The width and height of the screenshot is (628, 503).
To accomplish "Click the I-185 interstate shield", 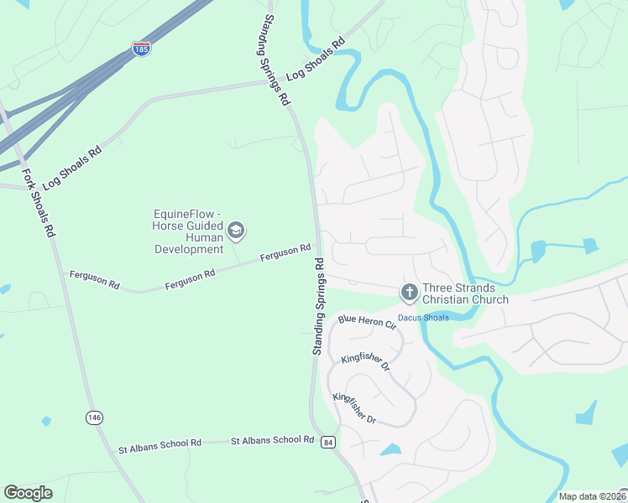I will (x=141, y=49).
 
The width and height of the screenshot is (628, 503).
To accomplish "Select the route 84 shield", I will (x=327, y=442).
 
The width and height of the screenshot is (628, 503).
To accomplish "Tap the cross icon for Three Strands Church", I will (x=409, y=293).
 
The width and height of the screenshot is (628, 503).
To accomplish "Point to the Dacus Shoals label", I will (x=423, y=318).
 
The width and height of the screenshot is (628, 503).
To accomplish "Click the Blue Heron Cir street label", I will (x=366, y=321).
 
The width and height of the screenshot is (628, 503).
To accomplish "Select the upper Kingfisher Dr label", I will (x=366, y=362).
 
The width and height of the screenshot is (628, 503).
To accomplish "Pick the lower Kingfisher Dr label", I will (x=357, y=407).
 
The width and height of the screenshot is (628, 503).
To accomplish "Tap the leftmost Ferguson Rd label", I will (x=95, y=279).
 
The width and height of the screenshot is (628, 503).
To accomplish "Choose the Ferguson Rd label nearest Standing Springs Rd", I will (x=285, y=251).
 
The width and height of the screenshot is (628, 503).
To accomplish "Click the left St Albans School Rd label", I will (x=160, y=443).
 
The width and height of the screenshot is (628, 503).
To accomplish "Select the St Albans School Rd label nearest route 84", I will (x=272, y=439).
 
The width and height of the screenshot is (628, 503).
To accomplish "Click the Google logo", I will (x=28, y=493).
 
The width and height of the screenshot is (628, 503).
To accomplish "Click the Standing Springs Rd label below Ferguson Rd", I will (x=319, y=306).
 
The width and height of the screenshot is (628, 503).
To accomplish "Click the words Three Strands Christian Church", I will (x=465, y=293).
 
